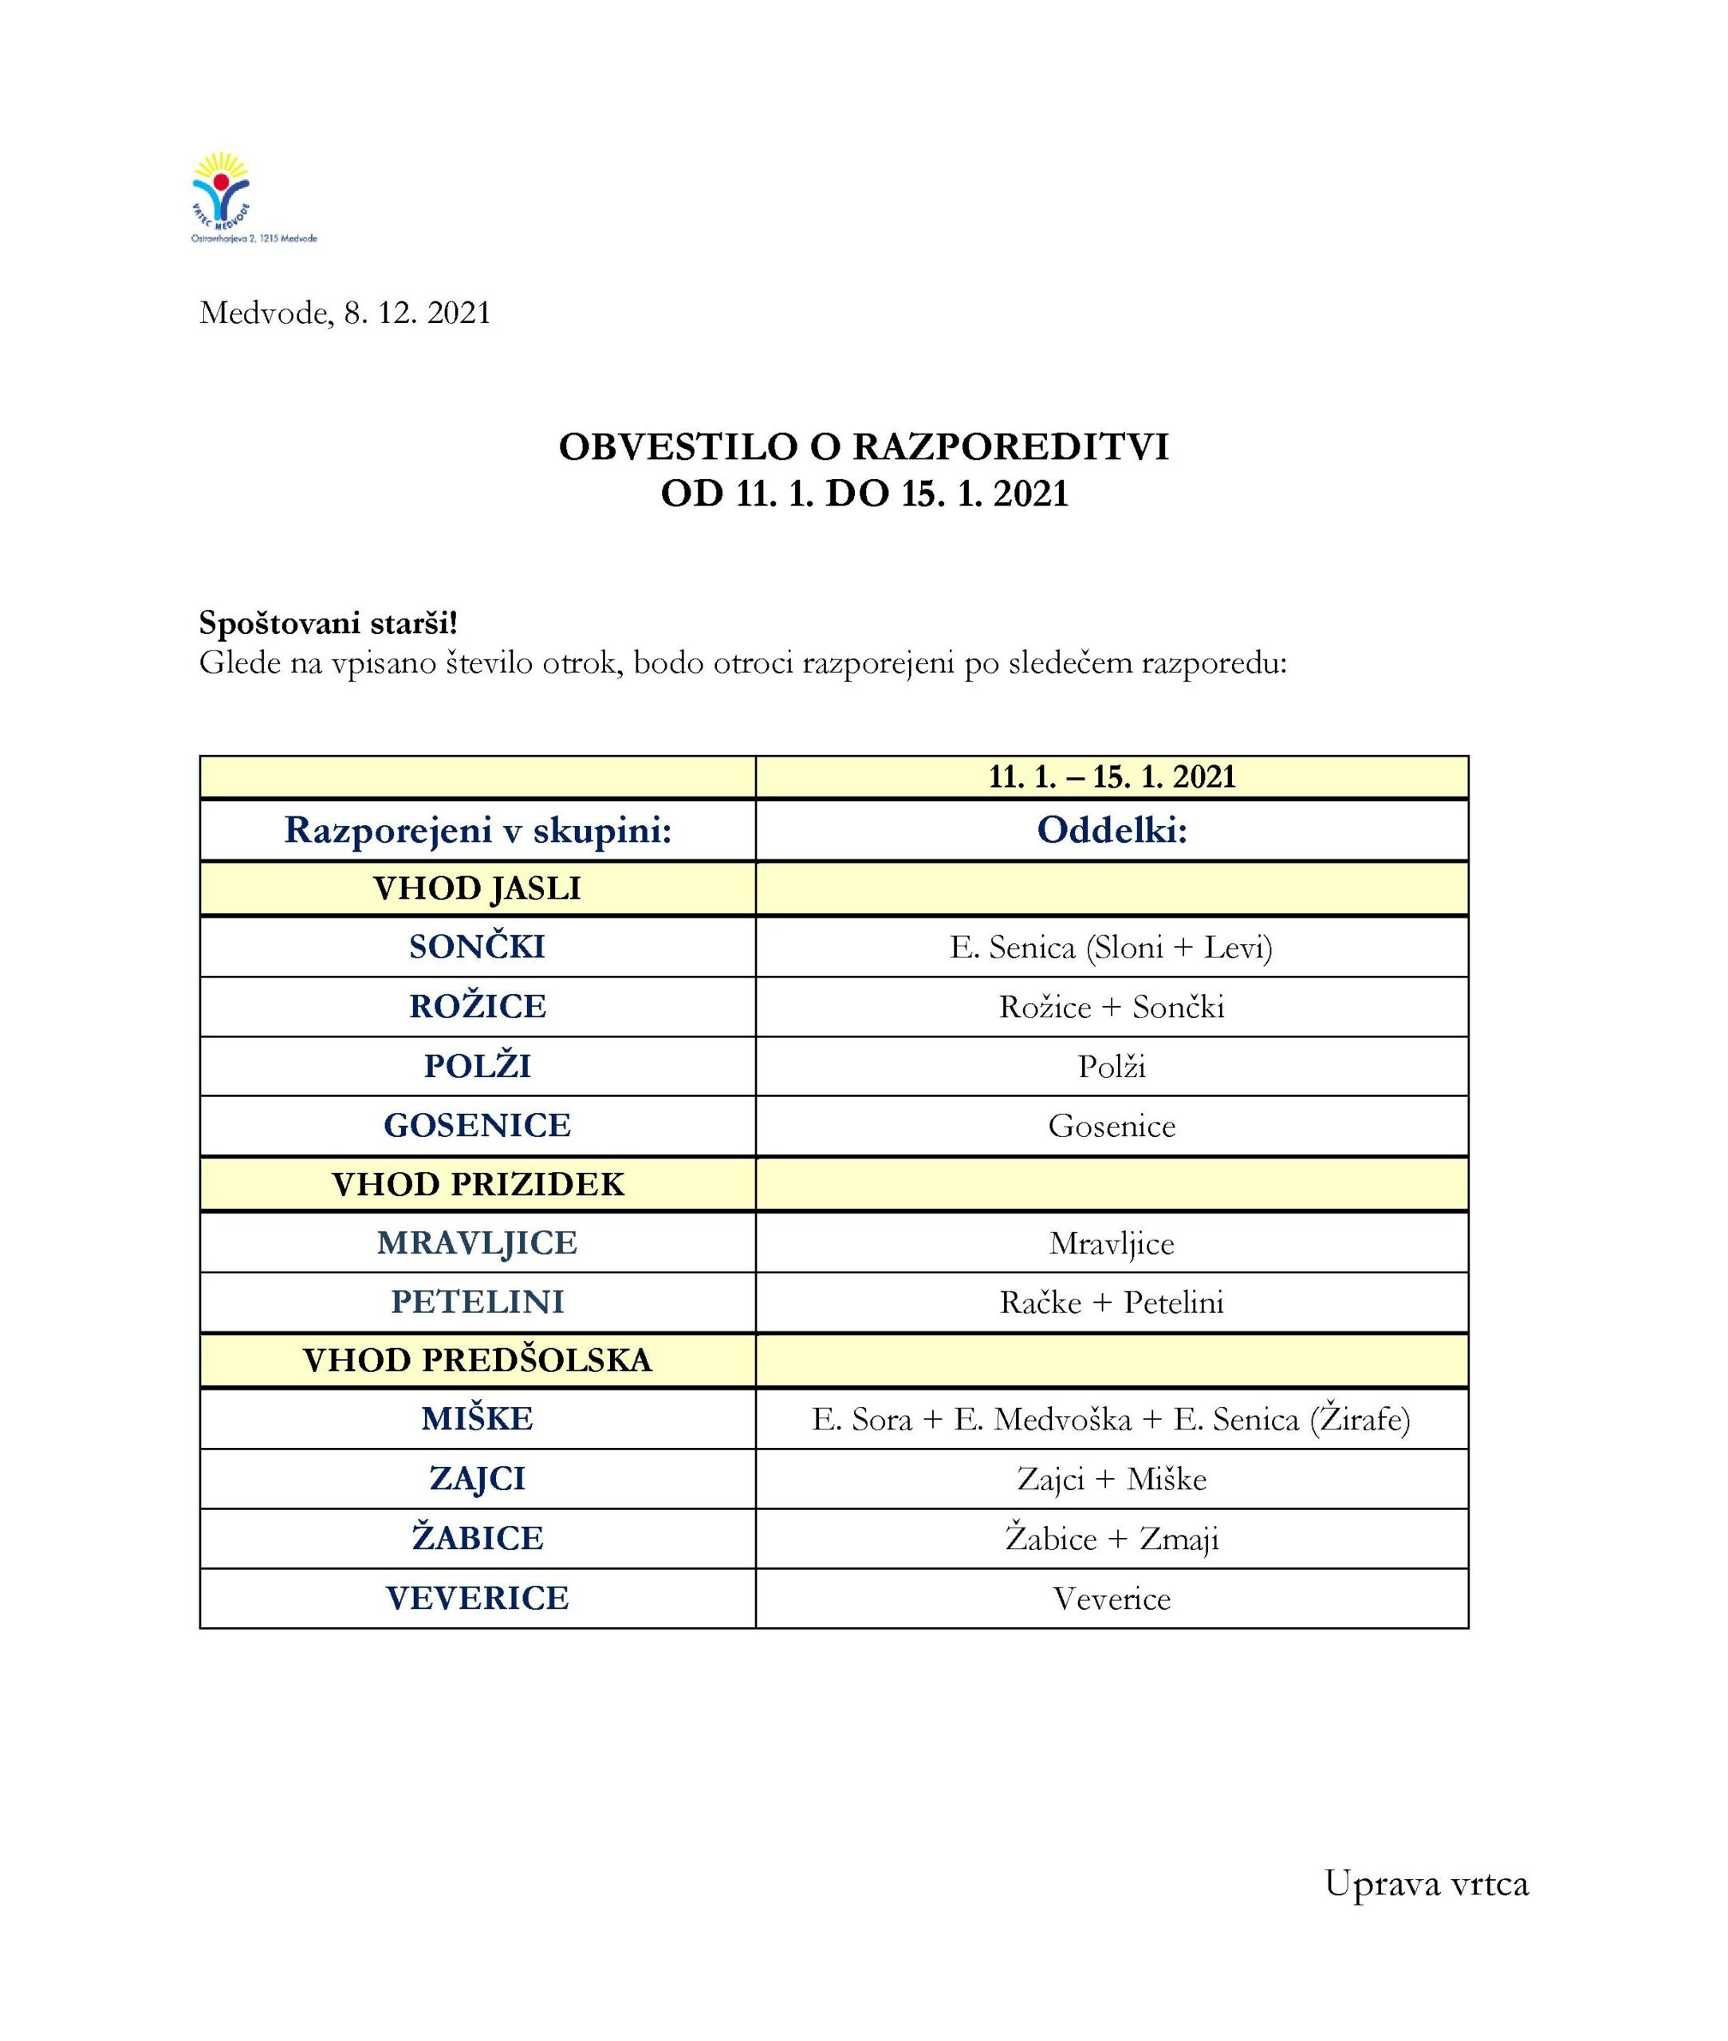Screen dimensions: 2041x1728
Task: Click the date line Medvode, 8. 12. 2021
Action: [344, 313]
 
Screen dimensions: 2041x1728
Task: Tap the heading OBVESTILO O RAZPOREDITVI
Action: [863, 446]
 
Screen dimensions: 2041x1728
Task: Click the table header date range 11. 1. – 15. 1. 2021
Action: [1111, 777]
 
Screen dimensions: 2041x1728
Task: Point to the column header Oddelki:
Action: [1111, 831]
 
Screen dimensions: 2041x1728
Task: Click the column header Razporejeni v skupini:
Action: [477, 831]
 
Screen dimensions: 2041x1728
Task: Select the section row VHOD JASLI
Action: [477, 888]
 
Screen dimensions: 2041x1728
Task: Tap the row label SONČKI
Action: [477, 947]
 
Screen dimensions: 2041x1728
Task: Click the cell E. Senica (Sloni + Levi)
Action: [1111, 947]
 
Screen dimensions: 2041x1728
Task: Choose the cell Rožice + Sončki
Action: [1111, 1007]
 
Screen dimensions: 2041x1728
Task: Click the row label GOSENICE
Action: [477, 1125]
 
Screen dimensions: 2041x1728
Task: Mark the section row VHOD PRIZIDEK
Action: [477, 1184]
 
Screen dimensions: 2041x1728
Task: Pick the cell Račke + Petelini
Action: [1111, 1303]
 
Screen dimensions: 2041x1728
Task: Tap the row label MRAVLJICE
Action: [477, 1243]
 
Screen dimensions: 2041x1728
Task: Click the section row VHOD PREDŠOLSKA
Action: [477, 1360]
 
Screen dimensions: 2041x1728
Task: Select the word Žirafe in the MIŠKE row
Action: [1360, 1419]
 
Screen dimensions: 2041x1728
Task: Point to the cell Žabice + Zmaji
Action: [1111, 1539]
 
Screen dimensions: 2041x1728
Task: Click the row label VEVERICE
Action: [477, 1599]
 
